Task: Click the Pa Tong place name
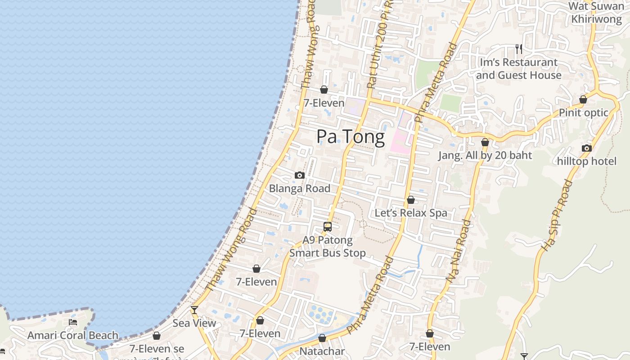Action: tap(351, 137)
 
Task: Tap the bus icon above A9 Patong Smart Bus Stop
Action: tap(328, 227)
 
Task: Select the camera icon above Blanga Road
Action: tap(300, 175)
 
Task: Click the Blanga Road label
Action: tap(300, 189)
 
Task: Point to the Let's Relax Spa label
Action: tap(411, 213)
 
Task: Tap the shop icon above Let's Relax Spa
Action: tap(411, 200)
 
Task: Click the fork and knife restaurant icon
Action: tap(519, 49)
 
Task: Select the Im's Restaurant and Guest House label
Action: tap(519, 68)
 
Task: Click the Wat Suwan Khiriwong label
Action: tap(596, 13)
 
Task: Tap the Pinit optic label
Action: tap(584, 112)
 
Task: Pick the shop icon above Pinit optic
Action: tap(583, 99)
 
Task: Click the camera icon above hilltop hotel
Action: tap(586, 148)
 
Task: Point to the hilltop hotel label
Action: tap(587, 161)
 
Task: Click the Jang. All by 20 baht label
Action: tap(485, 155)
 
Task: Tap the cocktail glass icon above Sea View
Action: tap(194, 310)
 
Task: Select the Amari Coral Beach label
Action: tap(73, 335)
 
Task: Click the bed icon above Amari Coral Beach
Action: tap(73, 322)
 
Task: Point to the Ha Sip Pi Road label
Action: tap(557, 215)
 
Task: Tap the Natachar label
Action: tap(322, 351)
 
